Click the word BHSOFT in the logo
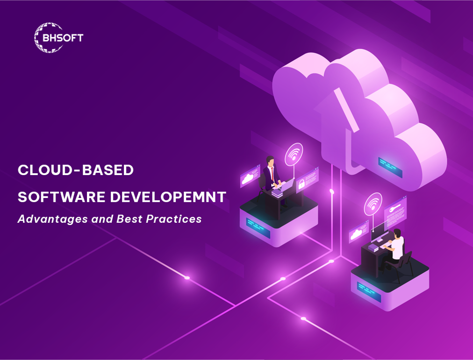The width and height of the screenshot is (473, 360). coord(63,38)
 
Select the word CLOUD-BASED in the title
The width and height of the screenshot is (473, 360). coord(76,170)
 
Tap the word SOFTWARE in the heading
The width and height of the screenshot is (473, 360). coord(61,197)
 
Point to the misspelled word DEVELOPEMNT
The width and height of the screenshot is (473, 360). coord(168,197)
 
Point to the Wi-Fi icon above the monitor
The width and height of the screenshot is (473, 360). coord(373,204)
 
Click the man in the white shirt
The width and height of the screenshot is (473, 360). coord(396,246)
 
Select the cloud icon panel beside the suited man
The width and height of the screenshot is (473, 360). coord(250,177)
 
